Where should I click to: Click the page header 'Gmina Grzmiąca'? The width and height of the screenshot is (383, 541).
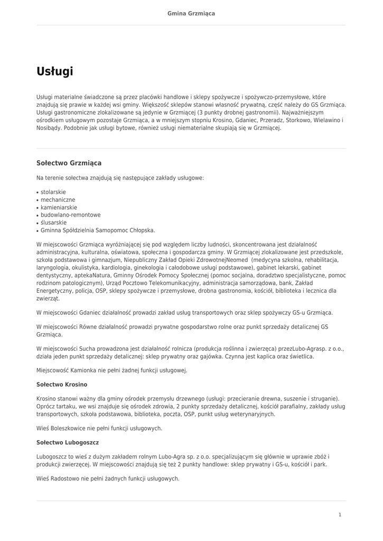[x=191, y=13]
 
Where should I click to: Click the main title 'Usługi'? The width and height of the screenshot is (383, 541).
[x=54, y=71]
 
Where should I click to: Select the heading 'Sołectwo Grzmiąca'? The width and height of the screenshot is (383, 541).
[x=69, y=163]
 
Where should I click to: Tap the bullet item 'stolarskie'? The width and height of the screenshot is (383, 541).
[x=53, y=192]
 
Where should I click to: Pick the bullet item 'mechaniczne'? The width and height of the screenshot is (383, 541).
[x=58, y=200]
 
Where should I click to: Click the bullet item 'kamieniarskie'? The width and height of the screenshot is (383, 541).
[x=59, y=208]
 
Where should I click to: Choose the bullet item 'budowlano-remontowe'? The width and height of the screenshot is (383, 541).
[x=70, y=215]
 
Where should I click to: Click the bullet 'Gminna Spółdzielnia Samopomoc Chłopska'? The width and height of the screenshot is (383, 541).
[x=97, y=230]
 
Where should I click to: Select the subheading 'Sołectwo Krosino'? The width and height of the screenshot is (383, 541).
[x=62, y=384]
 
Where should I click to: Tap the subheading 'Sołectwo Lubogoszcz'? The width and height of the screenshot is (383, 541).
[x=68, y=442]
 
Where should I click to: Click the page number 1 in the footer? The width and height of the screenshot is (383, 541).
[x=340, y=515]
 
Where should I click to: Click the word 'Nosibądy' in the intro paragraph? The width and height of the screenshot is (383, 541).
[x=49, y=128]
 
